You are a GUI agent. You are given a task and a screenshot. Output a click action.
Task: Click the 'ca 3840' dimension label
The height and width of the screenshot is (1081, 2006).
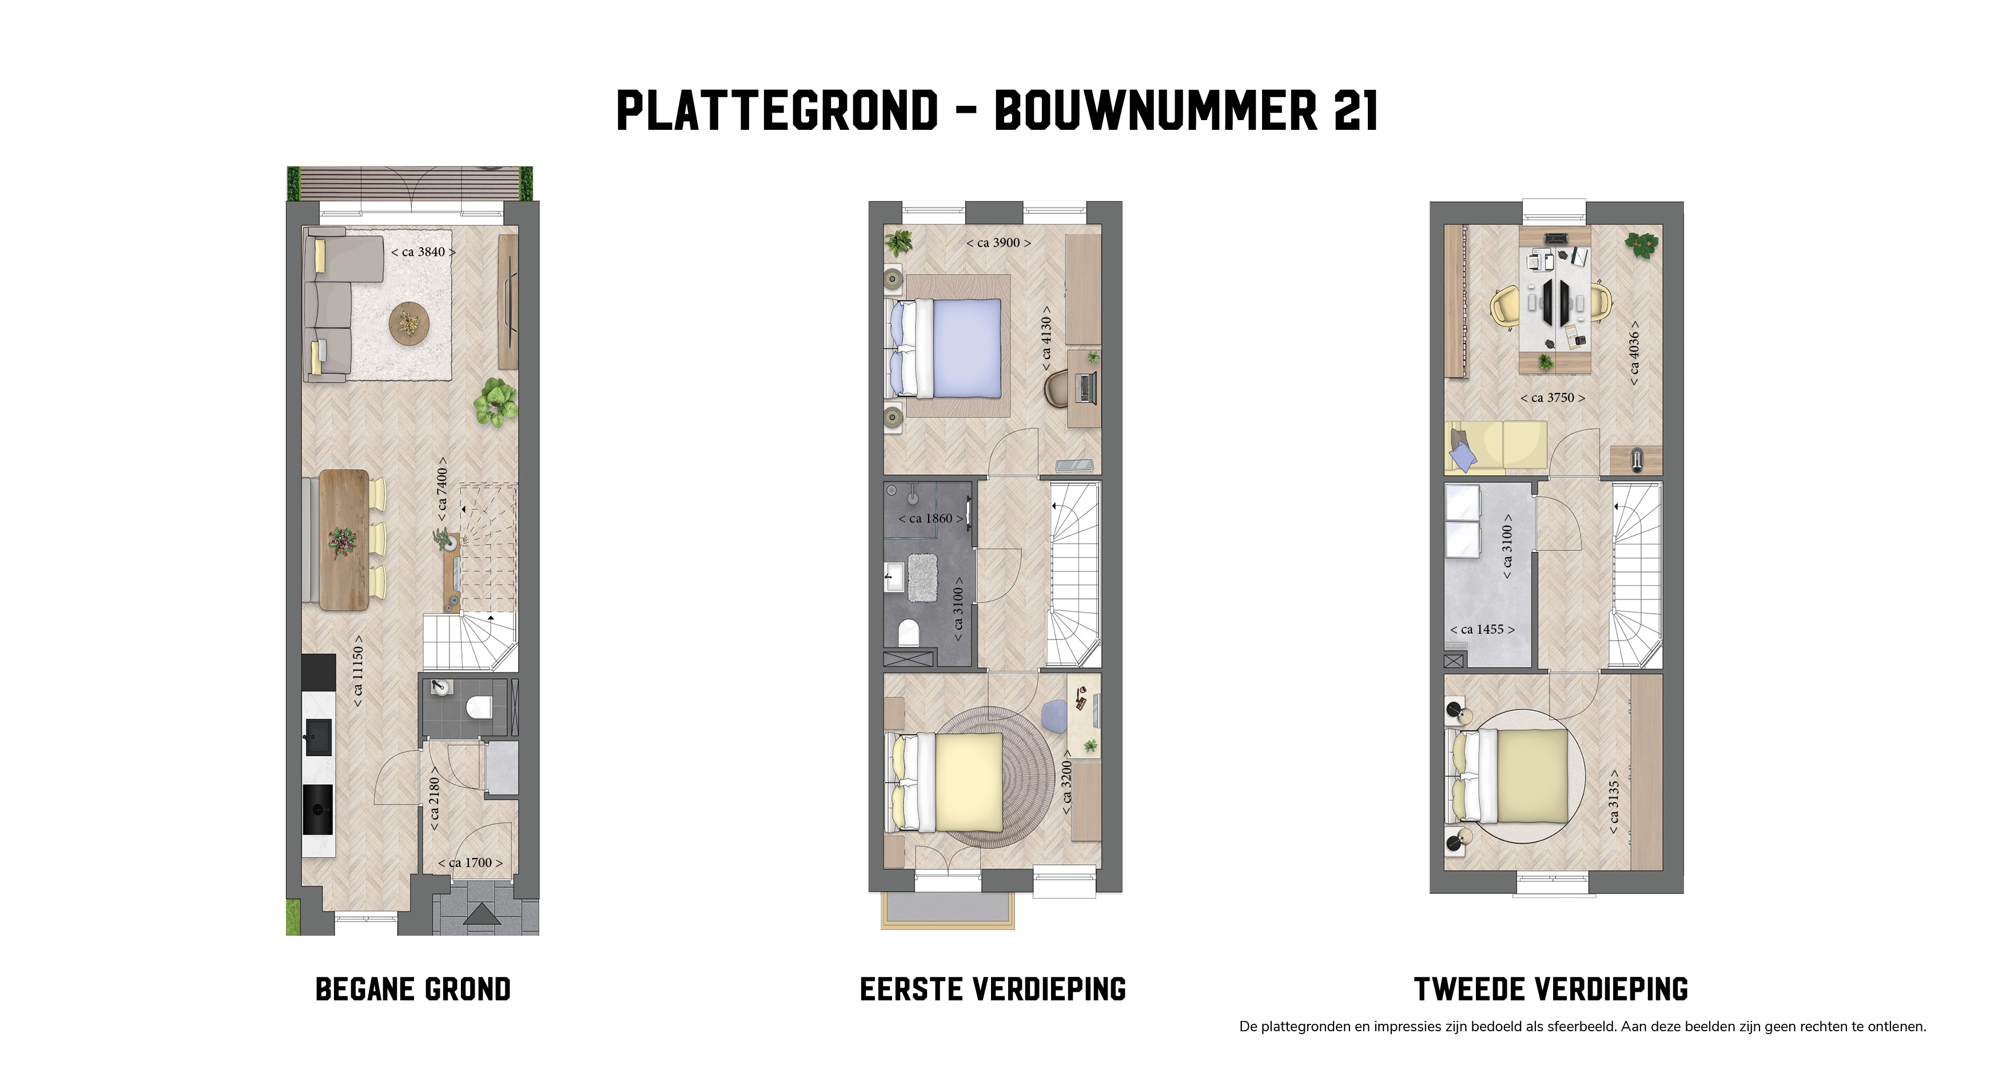pyautogui.click(x=423, y=252)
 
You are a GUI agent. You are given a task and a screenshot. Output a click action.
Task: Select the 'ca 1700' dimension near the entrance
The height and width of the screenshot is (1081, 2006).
pyautogui.click(x=469, y=863)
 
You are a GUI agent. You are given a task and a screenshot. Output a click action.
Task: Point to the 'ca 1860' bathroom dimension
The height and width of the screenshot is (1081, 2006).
pyautogui.click(x=930, y=519)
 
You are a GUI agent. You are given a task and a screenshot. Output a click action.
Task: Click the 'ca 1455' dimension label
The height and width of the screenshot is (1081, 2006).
pyautogui.click(x=1482, y=629)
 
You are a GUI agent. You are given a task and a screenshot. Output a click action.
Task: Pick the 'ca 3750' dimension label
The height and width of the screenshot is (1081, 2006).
pyautogui.click(x=1552, y=398)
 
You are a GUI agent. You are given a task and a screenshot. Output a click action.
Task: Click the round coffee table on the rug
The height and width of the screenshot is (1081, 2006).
pyautogui.click(x=409, y=323)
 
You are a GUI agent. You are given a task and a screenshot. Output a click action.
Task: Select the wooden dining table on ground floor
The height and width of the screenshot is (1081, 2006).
pyautogui.click(x=344, y=540)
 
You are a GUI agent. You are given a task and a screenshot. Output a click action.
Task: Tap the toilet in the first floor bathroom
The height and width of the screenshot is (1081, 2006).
pyautogui.click(x=909, y=633)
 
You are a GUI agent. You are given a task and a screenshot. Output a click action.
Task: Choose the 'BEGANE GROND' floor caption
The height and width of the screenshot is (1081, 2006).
pyautogui.click(x=413, y=990)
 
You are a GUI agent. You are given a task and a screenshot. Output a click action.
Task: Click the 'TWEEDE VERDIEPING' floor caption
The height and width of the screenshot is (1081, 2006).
pyautogui.click(x=1550, y=990)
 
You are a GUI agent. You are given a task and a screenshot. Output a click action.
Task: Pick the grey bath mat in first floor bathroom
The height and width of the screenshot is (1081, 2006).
pyautogui.click(x=923, y=577)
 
